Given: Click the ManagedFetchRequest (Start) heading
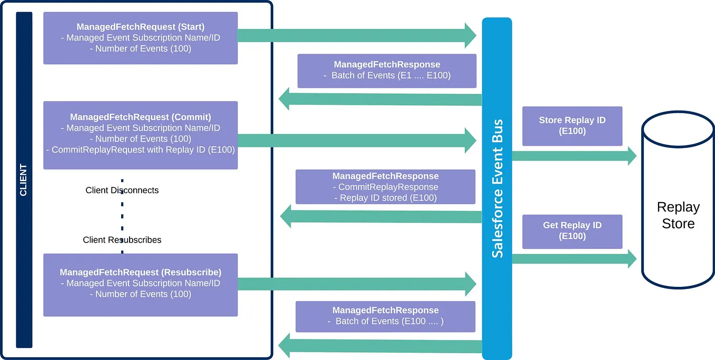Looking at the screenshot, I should [140, 26].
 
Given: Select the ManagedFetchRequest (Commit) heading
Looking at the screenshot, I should [140, 117].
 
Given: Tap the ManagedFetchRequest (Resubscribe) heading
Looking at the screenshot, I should [140, 272].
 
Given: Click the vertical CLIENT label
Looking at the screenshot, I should [24, 180].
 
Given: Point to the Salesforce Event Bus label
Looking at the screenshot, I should [497, 188].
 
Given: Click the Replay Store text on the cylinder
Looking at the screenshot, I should [678, 215].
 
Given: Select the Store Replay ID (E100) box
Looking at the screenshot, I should [572, 126].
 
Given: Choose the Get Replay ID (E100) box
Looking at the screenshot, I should [572, 231].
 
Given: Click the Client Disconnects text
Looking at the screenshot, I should [122, 190].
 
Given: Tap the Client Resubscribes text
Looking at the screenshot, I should [122, 239].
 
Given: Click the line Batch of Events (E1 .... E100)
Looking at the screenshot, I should [388, 75].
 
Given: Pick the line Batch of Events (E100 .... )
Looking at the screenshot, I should [386, 321].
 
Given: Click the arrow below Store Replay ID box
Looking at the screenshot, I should [574, 155].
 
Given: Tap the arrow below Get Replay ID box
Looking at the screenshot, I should [574, 258].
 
